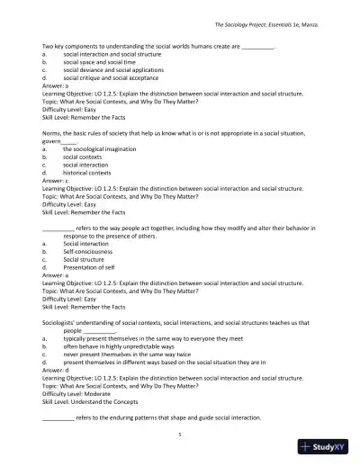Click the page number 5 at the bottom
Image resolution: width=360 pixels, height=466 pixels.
180,433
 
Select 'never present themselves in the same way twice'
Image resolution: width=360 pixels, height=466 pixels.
130,353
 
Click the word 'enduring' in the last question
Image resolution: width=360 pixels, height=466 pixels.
129,417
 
